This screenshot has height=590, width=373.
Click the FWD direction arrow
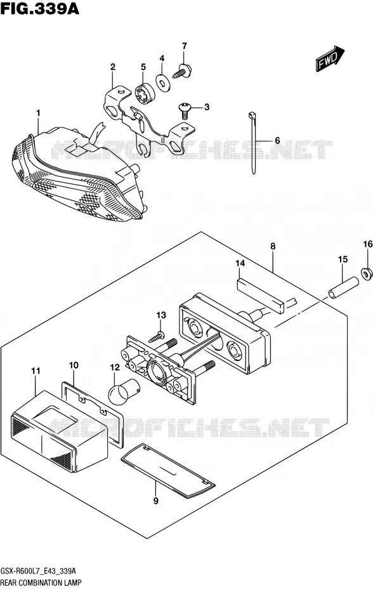330,59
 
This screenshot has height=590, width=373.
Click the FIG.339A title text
40,8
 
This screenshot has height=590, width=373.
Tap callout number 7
184,46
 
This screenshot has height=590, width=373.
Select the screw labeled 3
183,108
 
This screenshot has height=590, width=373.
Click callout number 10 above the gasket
74,365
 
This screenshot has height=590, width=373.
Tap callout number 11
36,370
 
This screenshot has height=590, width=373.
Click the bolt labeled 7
183,71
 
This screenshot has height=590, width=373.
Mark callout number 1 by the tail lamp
38,112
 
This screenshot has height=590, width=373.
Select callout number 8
273,246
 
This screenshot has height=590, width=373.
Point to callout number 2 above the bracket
112,67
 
